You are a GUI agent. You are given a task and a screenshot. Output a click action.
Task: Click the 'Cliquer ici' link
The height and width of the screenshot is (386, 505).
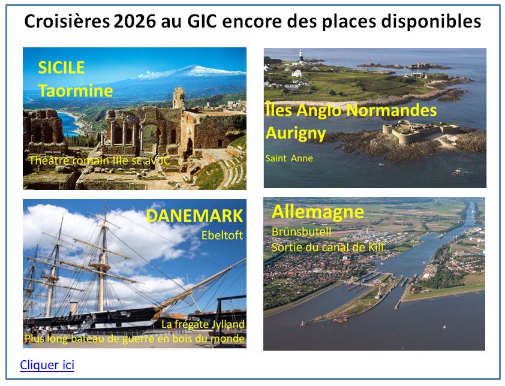tap(47, 365)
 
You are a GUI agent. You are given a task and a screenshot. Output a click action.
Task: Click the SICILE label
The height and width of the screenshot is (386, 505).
tap(61, 68)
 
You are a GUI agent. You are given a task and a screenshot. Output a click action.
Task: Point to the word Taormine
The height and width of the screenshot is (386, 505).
tap(76, 91)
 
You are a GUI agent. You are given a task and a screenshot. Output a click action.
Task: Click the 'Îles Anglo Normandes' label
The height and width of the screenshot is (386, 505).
tap(351, 110)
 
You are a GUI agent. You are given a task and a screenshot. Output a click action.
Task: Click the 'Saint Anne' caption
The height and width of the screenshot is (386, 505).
tap(289, 158)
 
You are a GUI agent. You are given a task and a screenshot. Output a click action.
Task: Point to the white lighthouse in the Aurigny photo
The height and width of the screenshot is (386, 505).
tap(300, 56)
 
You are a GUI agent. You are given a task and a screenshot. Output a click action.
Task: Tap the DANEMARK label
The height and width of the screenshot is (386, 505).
tap(194, 216)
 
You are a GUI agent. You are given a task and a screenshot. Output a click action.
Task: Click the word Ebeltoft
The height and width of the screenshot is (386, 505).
tap(222, 236)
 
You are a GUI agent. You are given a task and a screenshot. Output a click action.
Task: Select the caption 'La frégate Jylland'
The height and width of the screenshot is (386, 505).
tap(203, 324)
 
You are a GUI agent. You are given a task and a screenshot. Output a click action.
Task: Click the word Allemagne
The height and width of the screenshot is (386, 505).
tap(317, 212)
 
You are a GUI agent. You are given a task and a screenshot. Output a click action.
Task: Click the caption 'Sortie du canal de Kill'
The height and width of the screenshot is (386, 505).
tap(327, 246)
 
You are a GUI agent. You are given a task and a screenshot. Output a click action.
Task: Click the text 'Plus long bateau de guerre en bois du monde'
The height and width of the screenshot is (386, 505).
tap(134, 339)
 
